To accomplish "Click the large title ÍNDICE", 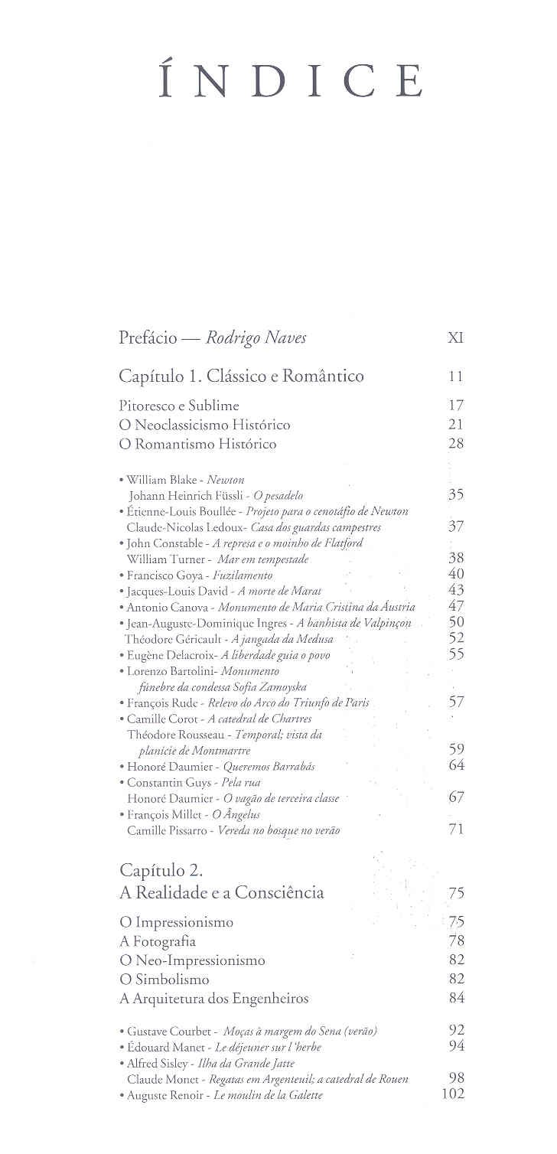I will [x=292, y=82].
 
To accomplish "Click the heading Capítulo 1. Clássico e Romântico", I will [x=241, y=376].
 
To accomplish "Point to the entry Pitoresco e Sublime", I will [x=179, y=405].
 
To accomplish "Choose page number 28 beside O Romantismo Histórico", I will [x=456, y=443].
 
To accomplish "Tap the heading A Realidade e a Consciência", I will [x=221, y=892].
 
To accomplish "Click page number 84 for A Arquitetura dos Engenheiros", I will [x=457, y=998].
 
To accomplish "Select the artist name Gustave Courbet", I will [x=164, y=1032].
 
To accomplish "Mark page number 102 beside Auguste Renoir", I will [x=453, y=1094].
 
